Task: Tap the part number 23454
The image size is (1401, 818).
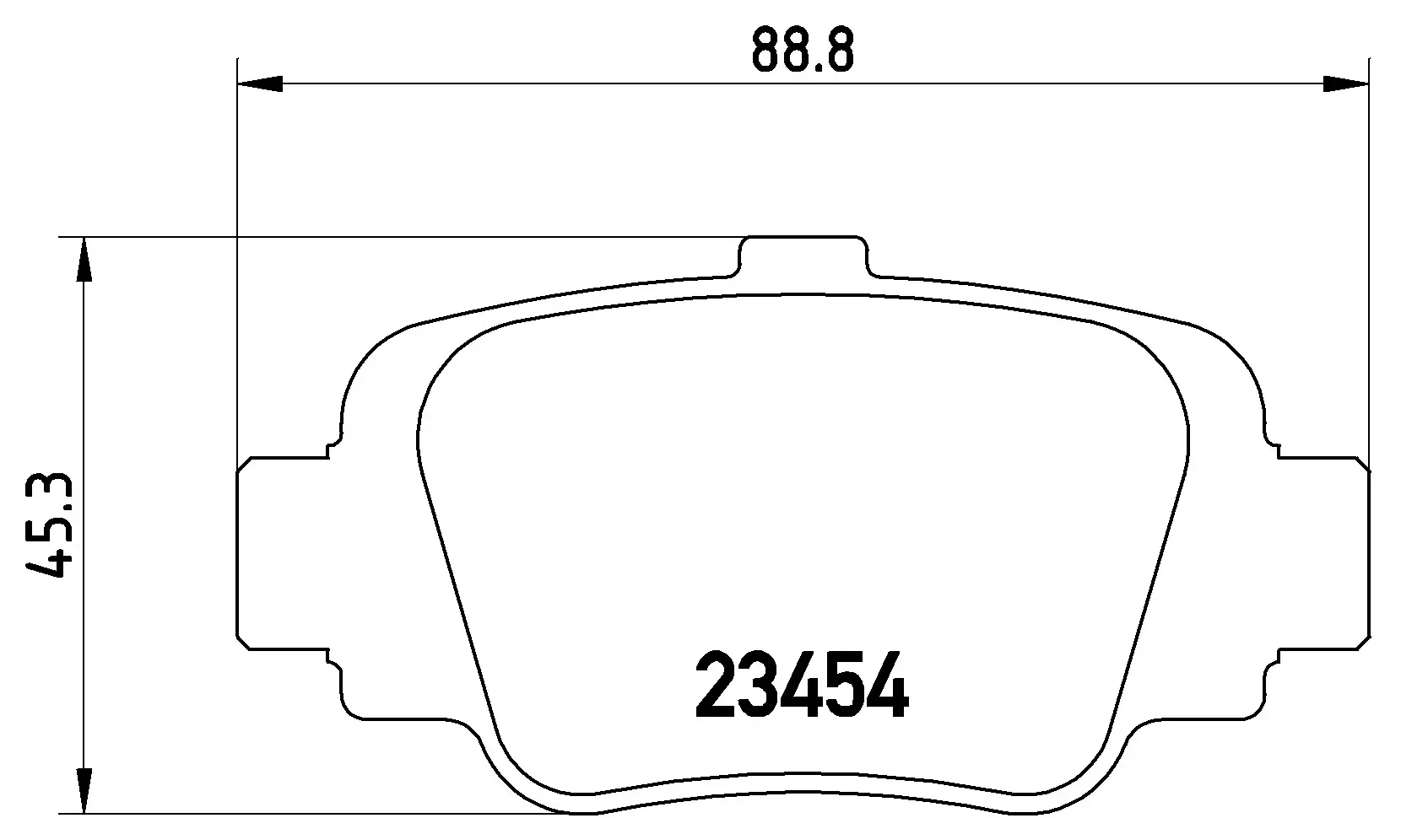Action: [x=802, y=686]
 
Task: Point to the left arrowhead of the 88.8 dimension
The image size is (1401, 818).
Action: [x=260, y=83]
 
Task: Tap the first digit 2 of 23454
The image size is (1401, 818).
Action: [x=716, y=686]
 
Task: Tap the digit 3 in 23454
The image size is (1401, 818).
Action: [x=758, y=686]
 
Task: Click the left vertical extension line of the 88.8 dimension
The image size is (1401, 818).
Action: [x=238, y=253]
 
